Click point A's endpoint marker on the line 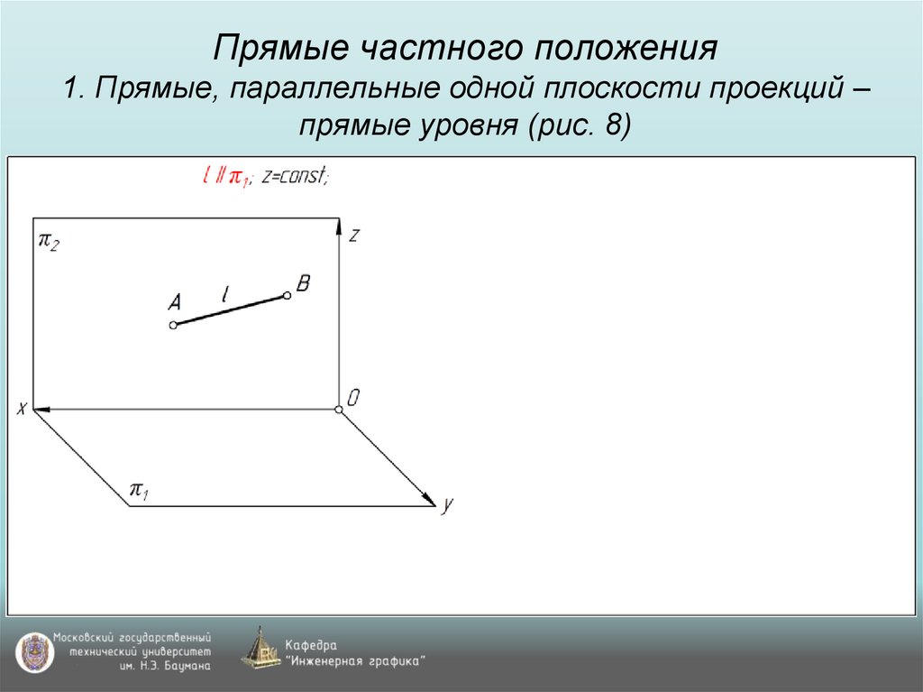click(x=174, y=325)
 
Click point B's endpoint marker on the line click(x=287, y=295)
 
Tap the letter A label click(x=174, y=302)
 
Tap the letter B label click(x=303, y=284)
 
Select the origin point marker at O click(x=339, y=411)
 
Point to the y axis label click(x=446, y=506)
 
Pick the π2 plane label click(x=49, y=241)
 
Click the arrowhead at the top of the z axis click(x=340, y=226)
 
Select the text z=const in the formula click(x=295, y=178)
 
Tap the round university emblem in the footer click(x=33, y=651)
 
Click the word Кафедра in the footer click(x=311, y=645)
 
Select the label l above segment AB click(x=225, y=292)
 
